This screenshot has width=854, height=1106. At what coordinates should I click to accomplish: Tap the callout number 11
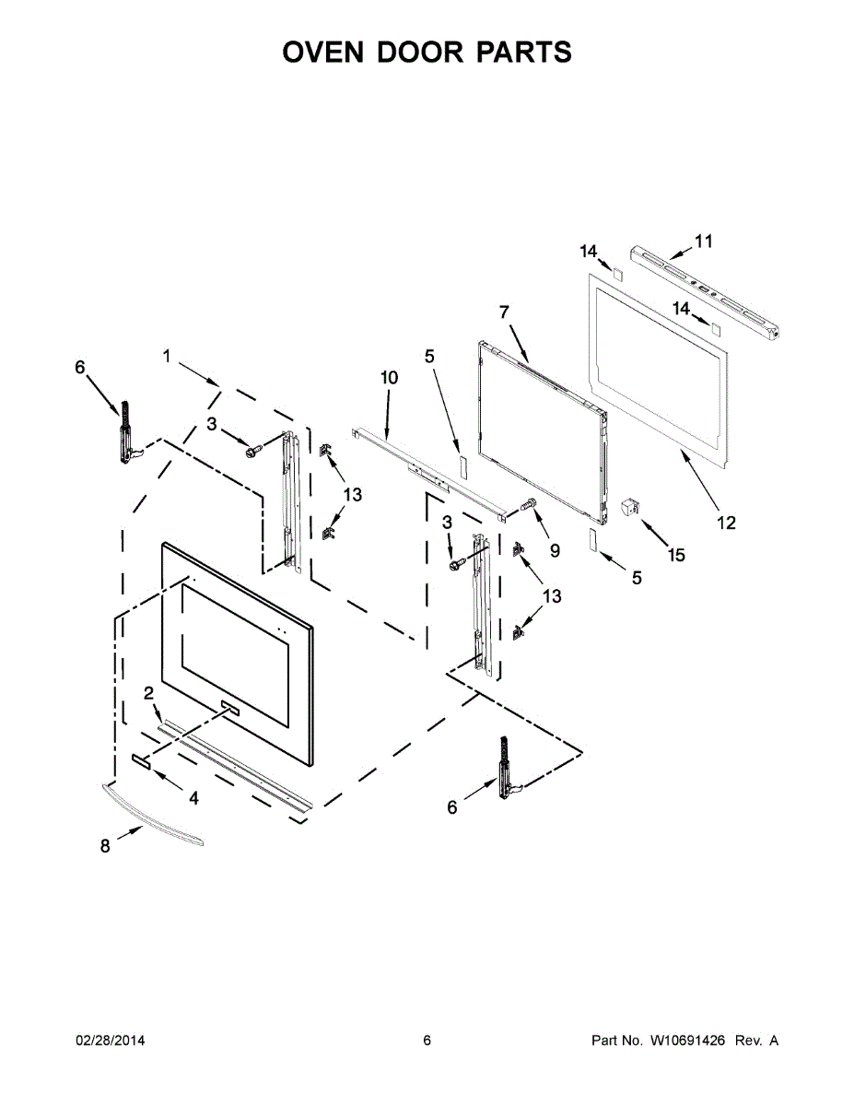tap(704, 241)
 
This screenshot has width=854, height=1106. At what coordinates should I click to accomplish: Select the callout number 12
tap(726, 523)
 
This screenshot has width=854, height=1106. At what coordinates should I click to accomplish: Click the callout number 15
tap(677, 555)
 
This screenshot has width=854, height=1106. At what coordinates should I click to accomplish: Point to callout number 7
tap(504, 312)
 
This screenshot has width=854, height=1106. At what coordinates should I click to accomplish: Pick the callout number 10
tap(389, 378)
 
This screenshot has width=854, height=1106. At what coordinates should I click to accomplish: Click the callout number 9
tap(555, 550)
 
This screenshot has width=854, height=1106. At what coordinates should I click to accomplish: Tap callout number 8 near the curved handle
tap(105, 845)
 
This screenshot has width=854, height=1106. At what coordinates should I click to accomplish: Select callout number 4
tap(193, 797)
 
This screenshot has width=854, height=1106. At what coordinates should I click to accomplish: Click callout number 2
tap(147, 693)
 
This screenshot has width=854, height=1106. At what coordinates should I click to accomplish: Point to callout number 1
tap(167, 356)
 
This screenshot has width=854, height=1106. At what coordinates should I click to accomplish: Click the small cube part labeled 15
tap(631, 506)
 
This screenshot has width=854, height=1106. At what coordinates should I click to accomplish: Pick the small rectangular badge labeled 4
tap(142, 759)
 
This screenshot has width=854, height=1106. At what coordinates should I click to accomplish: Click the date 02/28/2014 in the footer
tap(110, 1041)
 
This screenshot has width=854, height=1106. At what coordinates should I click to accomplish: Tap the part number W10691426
tap(687, 1041)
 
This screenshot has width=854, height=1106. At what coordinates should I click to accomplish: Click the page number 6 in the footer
tap(427, 1041)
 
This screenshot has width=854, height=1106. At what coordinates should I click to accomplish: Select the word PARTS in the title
tap(523, 53)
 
